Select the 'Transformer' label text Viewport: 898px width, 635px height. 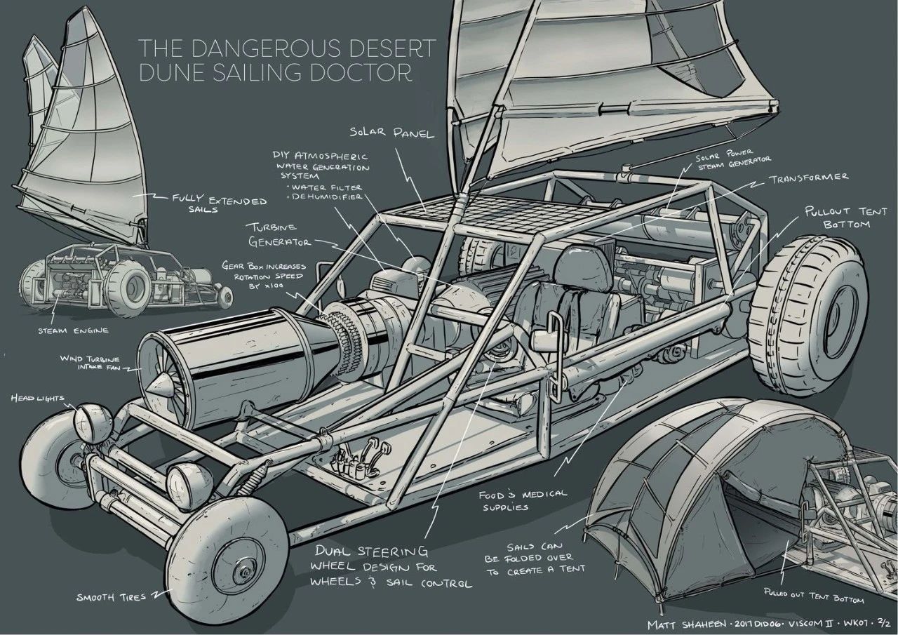(808, 178)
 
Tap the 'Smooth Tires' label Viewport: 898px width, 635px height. (112, 598)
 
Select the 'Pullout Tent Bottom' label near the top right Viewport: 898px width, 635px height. (837, 217)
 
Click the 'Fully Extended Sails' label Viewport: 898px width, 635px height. (219, 204)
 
